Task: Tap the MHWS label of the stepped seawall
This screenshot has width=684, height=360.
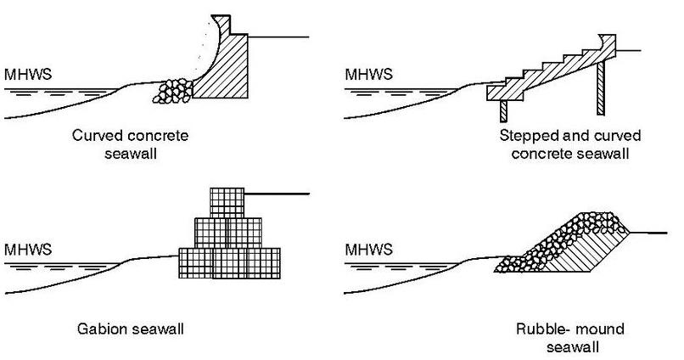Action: pos(367,75)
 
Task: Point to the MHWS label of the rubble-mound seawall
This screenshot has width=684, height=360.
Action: pos(367,250)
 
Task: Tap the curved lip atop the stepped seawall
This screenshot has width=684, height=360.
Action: pos(608,42)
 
